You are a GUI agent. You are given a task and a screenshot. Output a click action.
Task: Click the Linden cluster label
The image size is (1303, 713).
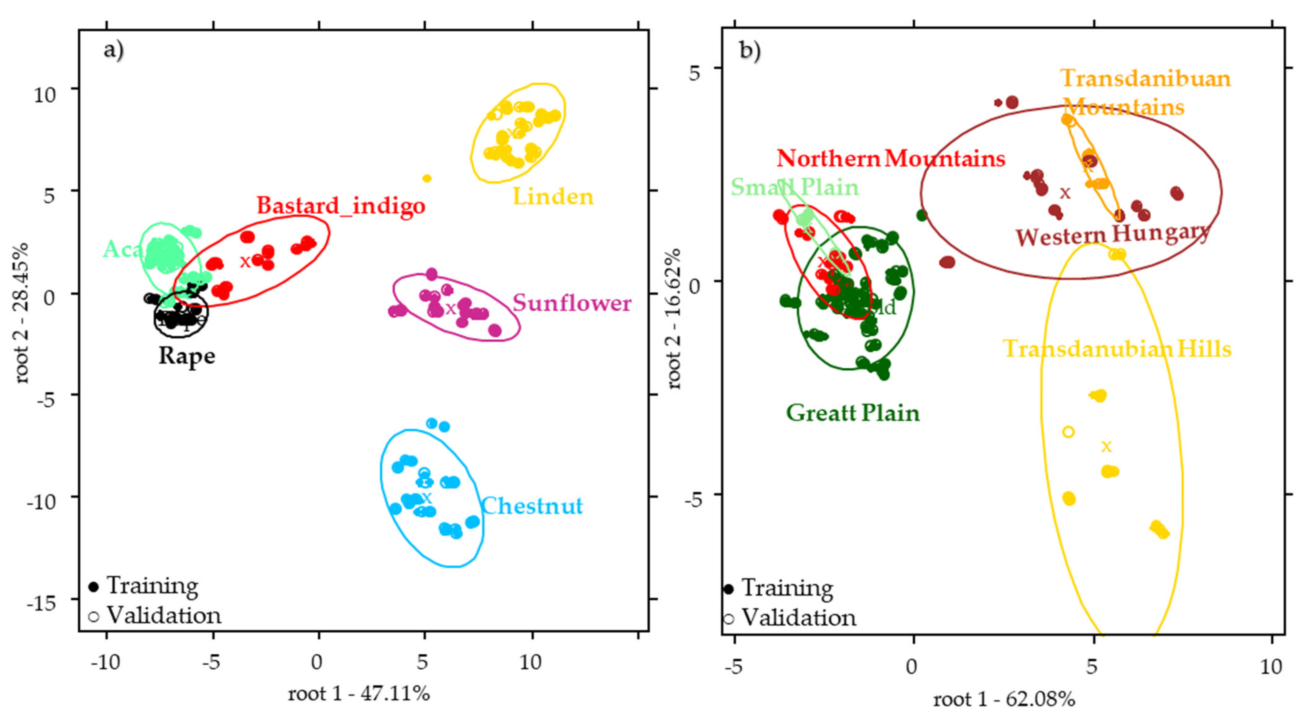point(553,197)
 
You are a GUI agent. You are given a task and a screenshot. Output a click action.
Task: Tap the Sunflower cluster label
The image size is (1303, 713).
point(572,303)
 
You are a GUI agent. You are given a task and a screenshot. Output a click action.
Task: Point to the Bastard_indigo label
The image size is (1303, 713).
point(341,206)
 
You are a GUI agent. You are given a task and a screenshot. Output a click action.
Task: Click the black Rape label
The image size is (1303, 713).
point(187,356)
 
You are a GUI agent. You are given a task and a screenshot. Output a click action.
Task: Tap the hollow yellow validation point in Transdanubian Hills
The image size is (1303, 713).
point(1068,432)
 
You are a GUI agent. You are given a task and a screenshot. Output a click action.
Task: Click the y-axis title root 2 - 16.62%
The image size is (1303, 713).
point(675,319)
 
